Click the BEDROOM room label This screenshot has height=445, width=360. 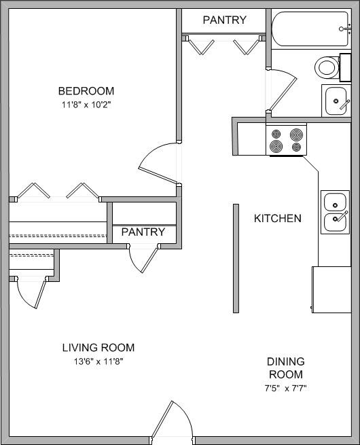86,91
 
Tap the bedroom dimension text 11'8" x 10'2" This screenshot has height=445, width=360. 86,105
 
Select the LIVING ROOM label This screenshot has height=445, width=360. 98,348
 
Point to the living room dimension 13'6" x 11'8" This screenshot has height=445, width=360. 98,361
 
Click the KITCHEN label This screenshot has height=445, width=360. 277,219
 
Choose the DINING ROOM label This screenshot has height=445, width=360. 285,368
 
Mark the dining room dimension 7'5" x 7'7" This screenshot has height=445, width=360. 285,389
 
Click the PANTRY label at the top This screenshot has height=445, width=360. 224,20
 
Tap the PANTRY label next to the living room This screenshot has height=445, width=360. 143,232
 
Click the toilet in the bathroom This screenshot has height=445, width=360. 328,67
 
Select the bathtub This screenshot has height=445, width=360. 310,29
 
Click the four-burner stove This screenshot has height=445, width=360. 286,141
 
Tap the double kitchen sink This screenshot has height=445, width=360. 335,212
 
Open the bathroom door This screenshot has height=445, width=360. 282,92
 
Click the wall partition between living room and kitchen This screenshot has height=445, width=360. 236,258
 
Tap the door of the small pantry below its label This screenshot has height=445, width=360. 143,258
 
